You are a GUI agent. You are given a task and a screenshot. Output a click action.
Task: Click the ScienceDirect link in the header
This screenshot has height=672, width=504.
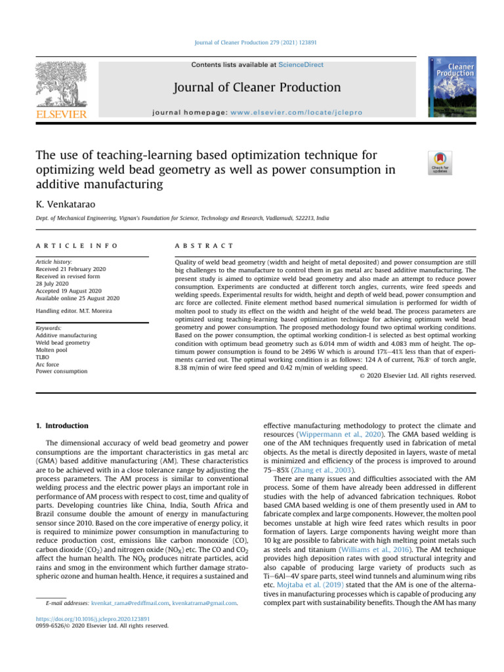(301, 65)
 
